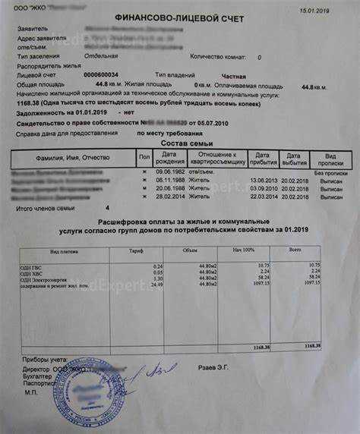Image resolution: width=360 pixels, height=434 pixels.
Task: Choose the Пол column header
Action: point(144,159)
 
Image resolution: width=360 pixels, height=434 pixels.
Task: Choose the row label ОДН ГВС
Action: point(31,265)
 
